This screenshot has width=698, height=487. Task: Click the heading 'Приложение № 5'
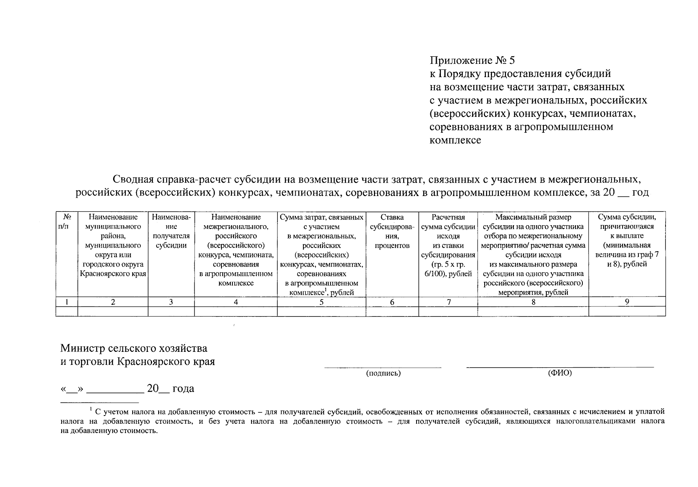click(x=472, y=61)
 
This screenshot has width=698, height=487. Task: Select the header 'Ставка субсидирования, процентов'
click(x=392, y=231)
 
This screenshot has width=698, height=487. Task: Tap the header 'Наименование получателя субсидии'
click(x=171, y=231)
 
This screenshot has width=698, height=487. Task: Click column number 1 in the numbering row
click(x=66, y=302)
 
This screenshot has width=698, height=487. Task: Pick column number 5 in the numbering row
click(x=321, y=302)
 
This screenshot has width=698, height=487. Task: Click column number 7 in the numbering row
click(x=449, y=302)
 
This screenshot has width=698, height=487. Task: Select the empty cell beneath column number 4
click(x=236, y=311)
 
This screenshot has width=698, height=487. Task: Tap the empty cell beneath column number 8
click(x=533, y=311)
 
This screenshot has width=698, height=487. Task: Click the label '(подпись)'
click(x=383, y=373)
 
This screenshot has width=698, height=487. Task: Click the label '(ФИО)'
click(x=560, y=373)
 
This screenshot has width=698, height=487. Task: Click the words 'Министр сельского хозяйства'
click(x=134, y=348)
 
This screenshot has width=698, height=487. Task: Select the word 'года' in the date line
click(x=183, y=389)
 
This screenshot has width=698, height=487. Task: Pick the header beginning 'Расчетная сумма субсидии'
click(x=448, y=245)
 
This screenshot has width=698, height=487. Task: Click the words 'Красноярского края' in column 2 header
click(x=113, y=274)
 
